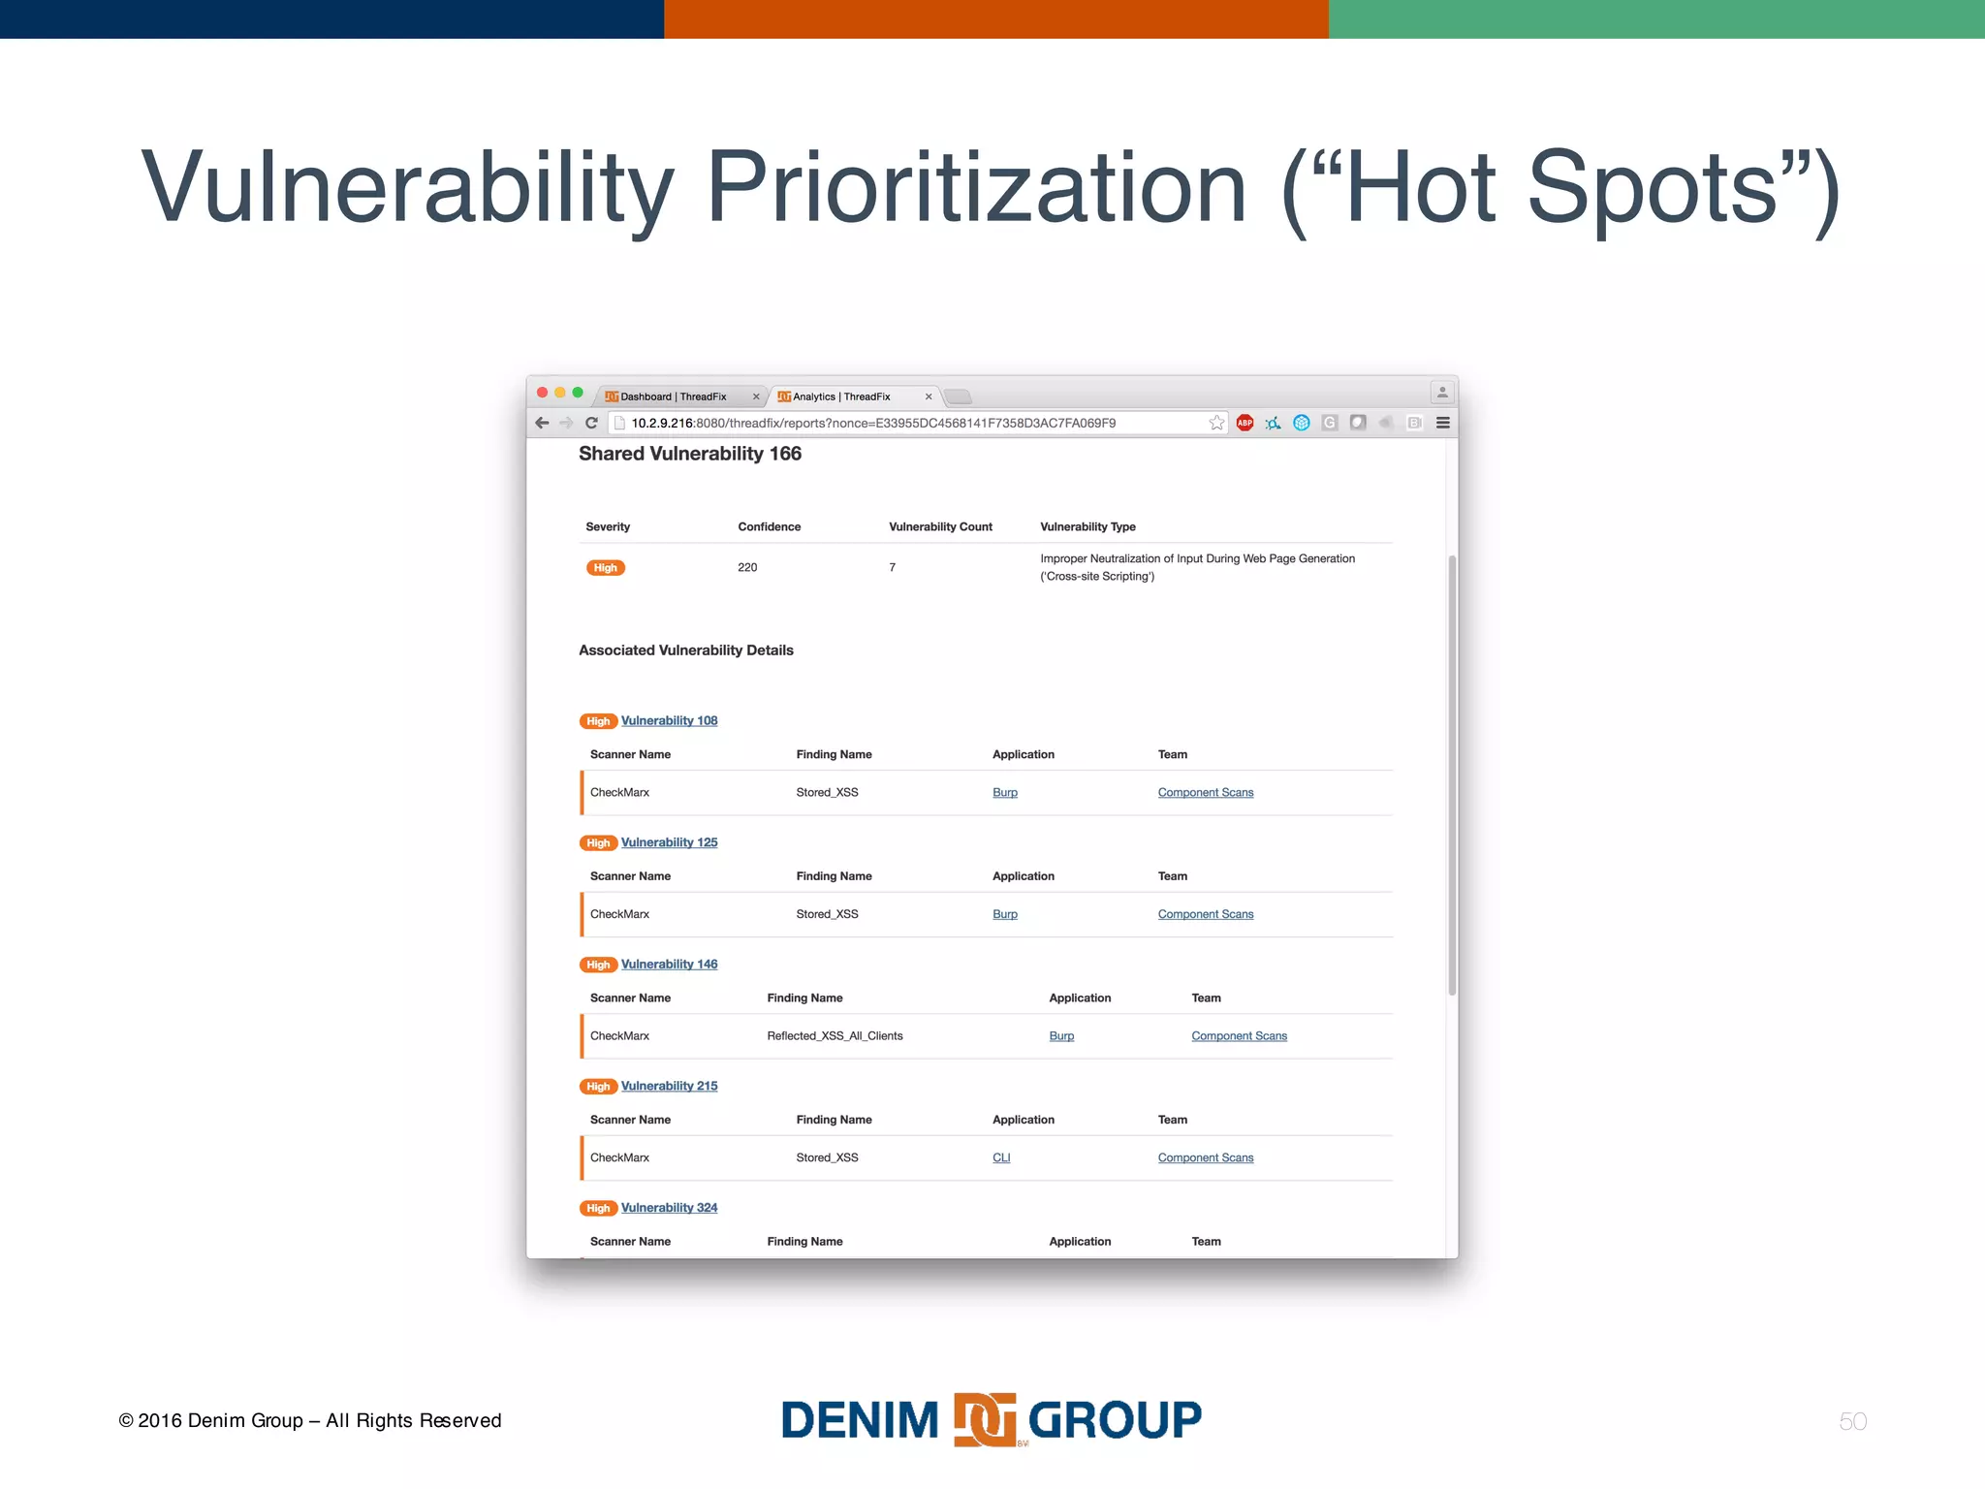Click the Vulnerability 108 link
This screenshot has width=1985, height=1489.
pos(669,720)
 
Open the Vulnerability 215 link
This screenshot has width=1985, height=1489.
pos(669,1086)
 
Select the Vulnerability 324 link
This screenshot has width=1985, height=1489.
pos(669,1208)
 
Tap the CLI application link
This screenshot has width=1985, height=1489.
pos(1001,1157)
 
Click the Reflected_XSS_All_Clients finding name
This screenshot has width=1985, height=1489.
pos(835,1036)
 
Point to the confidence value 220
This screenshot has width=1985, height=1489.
pos(747,567)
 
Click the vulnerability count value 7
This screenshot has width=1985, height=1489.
pos(893,567)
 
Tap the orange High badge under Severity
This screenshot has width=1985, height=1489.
pos(606,568)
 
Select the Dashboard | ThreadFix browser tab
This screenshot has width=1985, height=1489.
pos(674,396)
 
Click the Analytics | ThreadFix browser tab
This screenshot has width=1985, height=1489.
pos(841,396)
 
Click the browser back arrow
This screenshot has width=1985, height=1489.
pos(542,423)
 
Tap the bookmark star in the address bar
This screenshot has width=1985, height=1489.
pos(1216,423)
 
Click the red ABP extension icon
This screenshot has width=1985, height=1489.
pos(1245,423)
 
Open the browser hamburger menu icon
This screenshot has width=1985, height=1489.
pos(1443,423)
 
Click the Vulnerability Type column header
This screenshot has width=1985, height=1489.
pos(1087,526)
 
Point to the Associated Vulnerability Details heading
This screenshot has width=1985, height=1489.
pos(686,650)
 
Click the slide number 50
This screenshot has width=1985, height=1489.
pos(1852,1421)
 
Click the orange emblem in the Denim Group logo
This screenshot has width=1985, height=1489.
pos(985,1420)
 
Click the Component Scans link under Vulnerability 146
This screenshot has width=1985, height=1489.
pos(1239,1036)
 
